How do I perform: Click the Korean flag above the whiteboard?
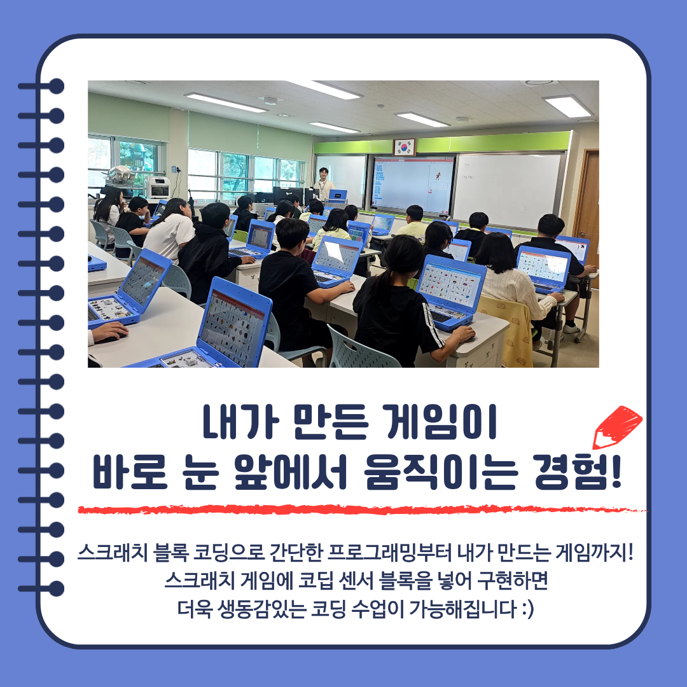pyautogui.click(x=405, y=147)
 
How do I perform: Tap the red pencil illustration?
pyautogui.click(x=617, y=427)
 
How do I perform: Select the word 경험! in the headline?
pyautogui.click(x=578, y=472)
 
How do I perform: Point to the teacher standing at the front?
pyautogui.click(x=324, y=184)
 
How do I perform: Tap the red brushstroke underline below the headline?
pyautogui.click(x=362, y=510)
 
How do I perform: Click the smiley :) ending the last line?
pyautogui.click(x=528, y=609)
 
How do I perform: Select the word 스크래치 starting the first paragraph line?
pyautogui.click(x=113, y=553)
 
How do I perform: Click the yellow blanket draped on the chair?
pyautogui.click(x=509, y=330)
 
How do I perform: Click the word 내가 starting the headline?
pyautogui.click(x=240, y=422)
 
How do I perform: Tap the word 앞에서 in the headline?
pyautogui.click(x=290, y=472)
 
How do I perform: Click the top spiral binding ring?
pyautogui.click(x=41, y=87)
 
